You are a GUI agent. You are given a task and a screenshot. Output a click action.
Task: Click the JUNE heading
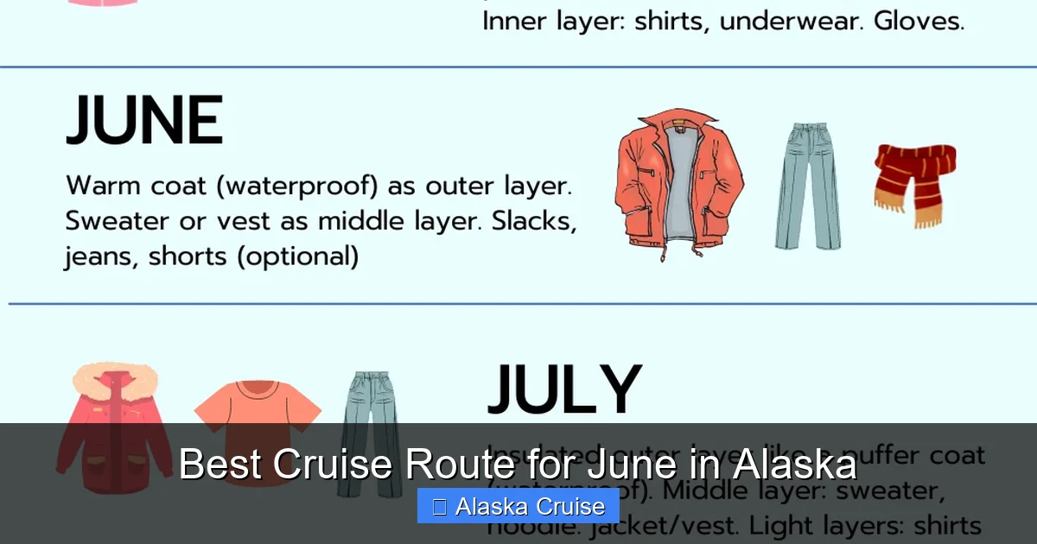pos(144,122)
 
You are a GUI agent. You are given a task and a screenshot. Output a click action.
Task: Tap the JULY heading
pos(564,391)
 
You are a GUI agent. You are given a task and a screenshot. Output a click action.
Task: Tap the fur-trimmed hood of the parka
pos(114,380)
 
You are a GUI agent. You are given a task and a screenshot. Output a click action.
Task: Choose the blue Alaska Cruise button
pos(518,506)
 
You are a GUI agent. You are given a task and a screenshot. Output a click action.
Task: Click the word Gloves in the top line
pos(919,21)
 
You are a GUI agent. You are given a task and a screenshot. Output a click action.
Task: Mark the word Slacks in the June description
pos(534,220)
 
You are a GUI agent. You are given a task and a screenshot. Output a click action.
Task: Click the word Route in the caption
pos(456,465)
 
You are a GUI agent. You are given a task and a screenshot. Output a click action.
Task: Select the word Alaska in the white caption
pos(794,465)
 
